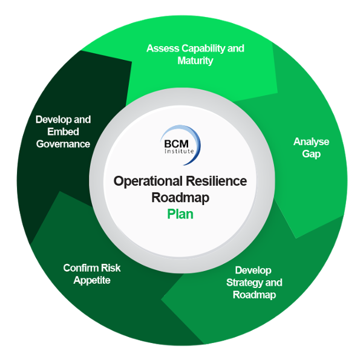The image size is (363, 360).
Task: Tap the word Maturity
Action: (195, 61)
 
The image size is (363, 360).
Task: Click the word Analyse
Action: (311, 142)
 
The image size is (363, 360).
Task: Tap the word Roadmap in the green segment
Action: (254, 295)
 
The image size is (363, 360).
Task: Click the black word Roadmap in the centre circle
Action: (180, 197)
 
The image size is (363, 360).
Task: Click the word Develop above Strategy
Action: (253, 270)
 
